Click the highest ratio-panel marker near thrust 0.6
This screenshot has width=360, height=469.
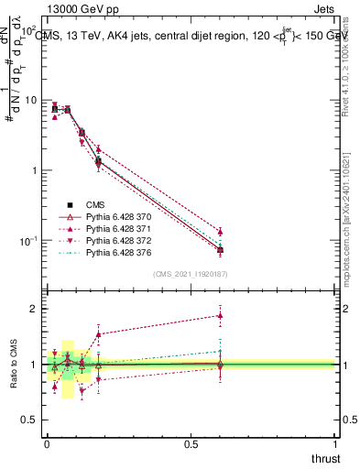click(x=220, y=315)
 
